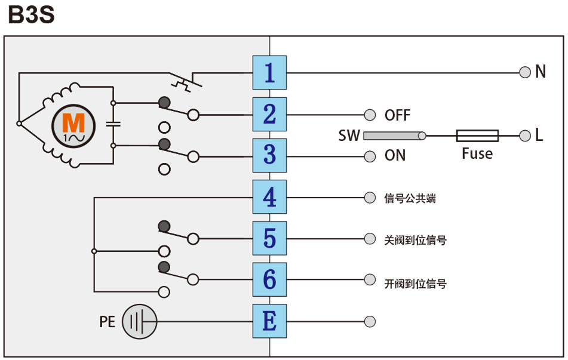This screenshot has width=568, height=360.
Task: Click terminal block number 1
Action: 269,73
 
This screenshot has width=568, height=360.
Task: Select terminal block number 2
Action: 269,114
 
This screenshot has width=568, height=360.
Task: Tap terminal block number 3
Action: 269,155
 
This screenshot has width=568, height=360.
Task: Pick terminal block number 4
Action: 269,197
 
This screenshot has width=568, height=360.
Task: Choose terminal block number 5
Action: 269,238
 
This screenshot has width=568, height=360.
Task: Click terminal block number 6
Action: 269,279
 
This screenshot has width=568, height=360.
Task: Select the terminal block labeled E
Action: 269,321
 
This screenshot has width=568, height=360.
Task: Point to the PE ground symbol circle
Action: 139,322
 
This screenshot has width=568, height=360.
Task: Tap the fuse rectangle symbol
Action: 477,136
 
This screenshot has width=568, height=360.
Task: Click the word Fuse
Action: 477,154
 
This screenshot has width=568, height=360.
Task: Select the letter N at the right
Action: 541,72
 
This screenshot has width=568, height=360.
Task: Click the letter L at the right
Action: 539,136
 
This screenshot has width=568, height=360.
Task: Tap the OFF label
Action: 397,115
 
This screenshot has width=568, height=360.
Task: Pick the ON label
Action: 395,156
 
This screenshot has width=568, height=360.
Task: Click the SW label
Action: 349,136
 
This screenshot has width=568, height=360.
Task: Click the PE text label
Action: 107,322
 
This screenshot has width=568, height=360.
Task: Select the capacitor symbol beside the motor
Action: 113,124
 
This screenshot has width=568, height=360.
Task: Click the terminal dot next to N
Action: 525,72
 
